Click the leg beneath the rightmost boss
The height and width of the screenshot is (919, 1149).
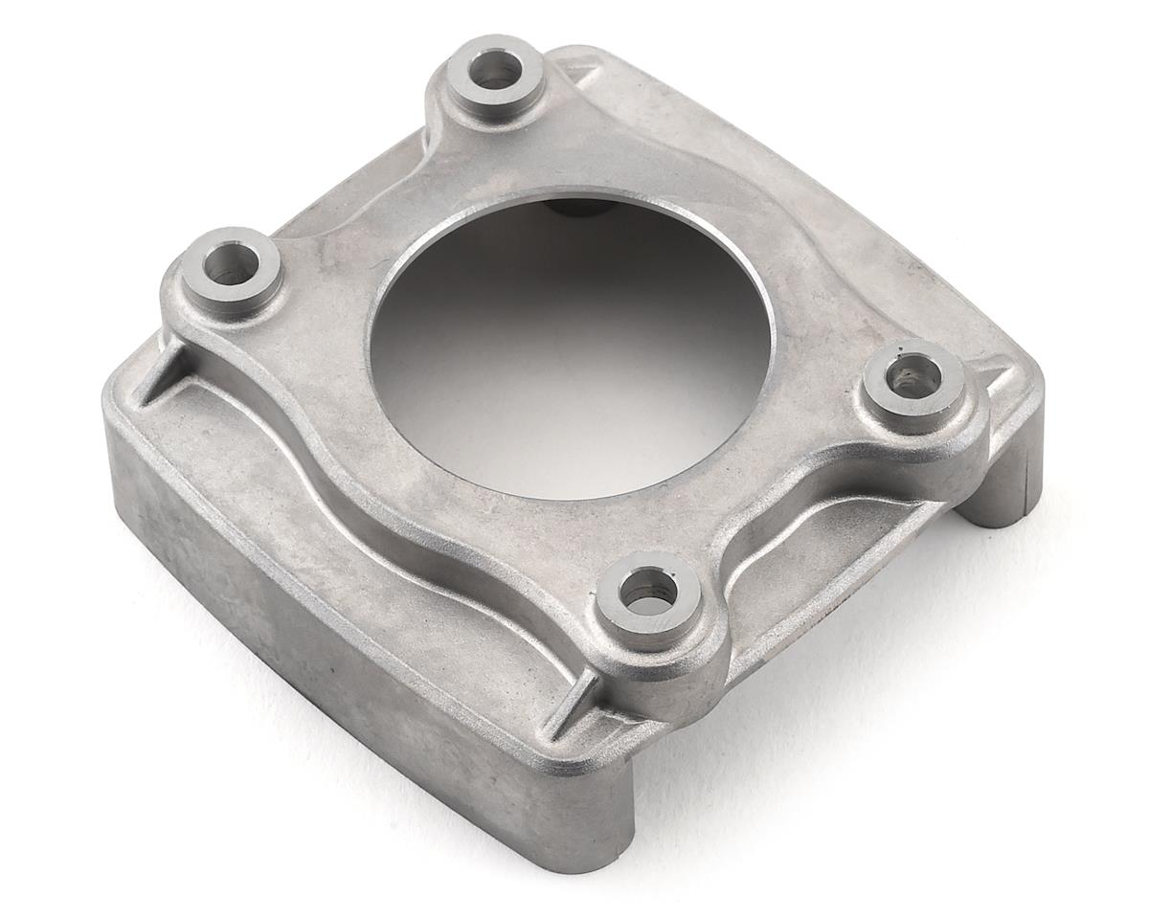point(1001,488)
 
